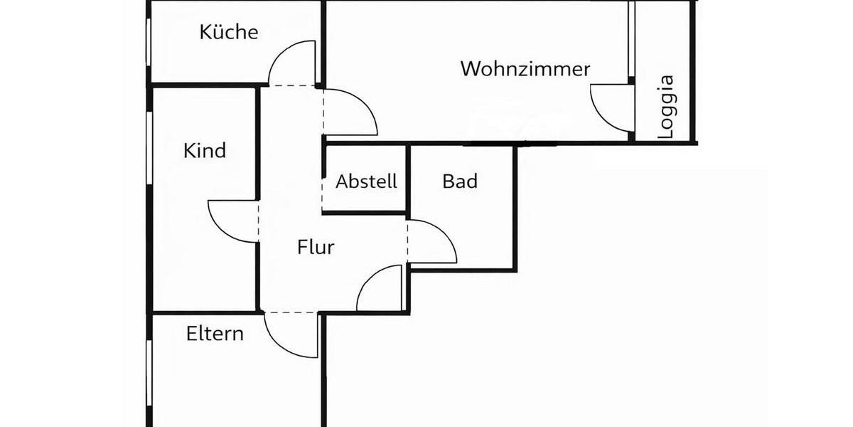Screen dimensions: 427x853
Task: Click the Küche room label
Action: pyautogui.click(x=228, y=32)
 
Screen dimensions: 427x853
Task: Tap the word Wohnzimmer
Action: pyautogui.click(x=525, y=69)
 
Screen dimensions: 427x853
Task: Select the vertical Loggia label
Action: pyautogui.click(x=666, y=106)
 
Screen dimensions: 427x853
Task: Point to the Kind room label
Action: pyautogui.click(x=205, y=151)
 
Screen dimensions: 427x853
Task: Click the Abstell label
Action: pyautogui.click(x=366, y=181)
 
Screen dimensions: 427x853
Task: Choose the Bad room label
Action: pyautogui.click(x=460, y=181)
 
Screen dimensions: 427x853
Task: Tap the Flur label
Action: pyautogui.click(x=316, y=248)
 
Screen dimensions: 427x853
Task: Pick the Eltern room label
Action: pyautogui.click(x=215, y=333)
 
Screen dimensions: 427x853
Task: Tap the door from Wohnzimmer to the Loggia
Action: pyautogui.click(x=611, y=108)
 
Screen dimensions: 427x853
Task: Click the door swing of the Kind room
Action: pyautogui.click(x=231, y=221)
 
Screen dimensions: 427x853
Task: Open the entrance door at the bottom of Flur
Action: pyautogui.click(x=380, y=288)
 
